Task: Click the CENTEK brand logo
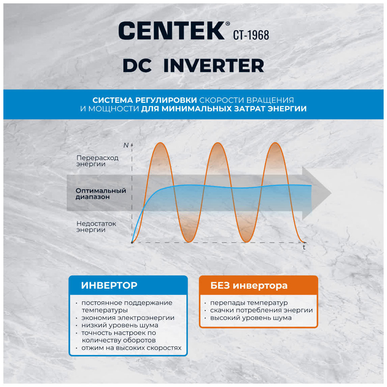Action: click(x=174, y=31)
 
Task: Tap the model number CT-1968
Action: click(x=251, y=35)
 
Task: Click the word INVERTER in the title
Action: click(x=214, y=66)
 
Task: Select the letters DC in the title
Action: click(x=137, y=66)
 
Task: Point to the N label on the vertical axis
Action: click(x=126, y=145)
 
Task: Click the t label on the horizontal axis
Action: click(x=304, y=247)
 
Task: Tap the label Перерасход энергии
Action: click(x=97, y=161)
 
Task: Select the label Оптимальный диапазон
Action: click(x=101, y=194)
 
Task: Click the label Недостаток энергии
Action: click(x=96, y=227)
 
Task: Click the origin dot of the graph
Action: click(x=132, y=242)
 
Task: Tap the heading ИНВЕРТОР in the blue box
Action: click(x=109, y=285)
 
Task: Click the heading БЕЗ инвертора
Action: click(x=249, y=286)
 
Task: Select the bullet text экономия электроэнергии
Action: click(x=128, y=318)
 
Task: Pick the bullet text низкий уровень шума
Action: click(x=120, y=325)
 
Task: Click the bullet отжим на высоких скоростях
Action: click(x=131, y=348)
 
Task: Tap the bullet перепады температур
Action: click(x=249, y=303)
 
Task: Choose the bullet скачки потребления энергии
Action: click(x=261, y=310)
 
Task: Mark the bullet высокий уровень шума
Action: click(x=251, y=318)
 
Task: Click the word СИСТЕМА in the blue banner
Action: click(x=113, y=100)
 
